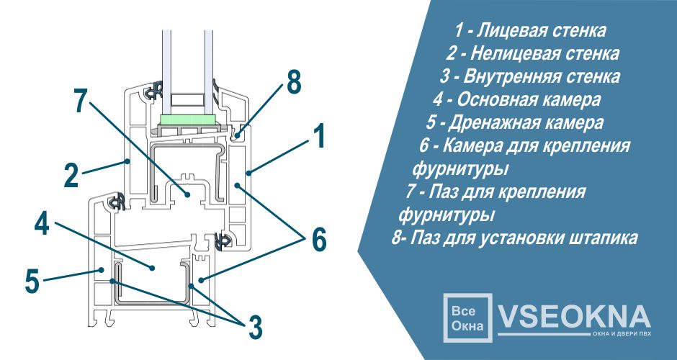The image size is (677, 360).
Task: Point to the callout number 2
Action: coord(70,176)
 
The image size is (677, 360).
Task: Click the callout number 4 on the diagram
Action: coord(42,224)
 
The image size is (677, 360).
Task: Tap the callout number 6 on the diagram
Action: coord(318,240)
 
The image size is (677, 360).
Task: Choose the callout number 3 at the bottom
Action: coord(254,327)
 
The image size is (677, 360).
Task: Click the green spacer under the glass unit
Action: coord(187,119)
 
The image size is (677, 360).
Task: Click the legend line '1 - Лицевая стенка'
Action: coord(530,31)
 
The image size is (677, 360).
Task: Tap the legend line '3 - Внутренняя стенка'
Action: coord(530,76)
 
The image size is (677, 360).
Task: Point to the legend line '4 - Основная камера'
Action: coord(517,99)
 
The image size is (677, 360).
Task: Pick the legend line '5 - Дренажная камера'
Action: coord(515,122)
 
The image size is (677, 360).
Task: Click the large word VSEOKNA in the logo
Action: coord(574,316)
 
